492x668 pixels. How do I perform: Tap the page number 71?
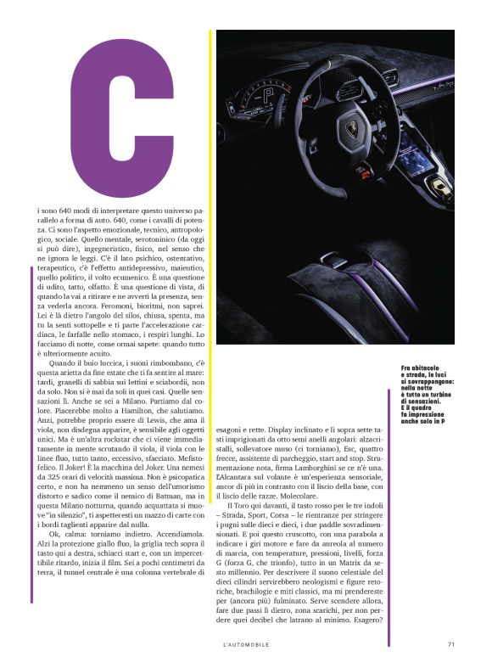450,643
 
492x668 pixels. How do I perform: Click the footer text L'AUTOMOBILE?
246,643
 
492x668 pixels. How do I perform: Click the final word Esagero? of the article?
366,626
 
